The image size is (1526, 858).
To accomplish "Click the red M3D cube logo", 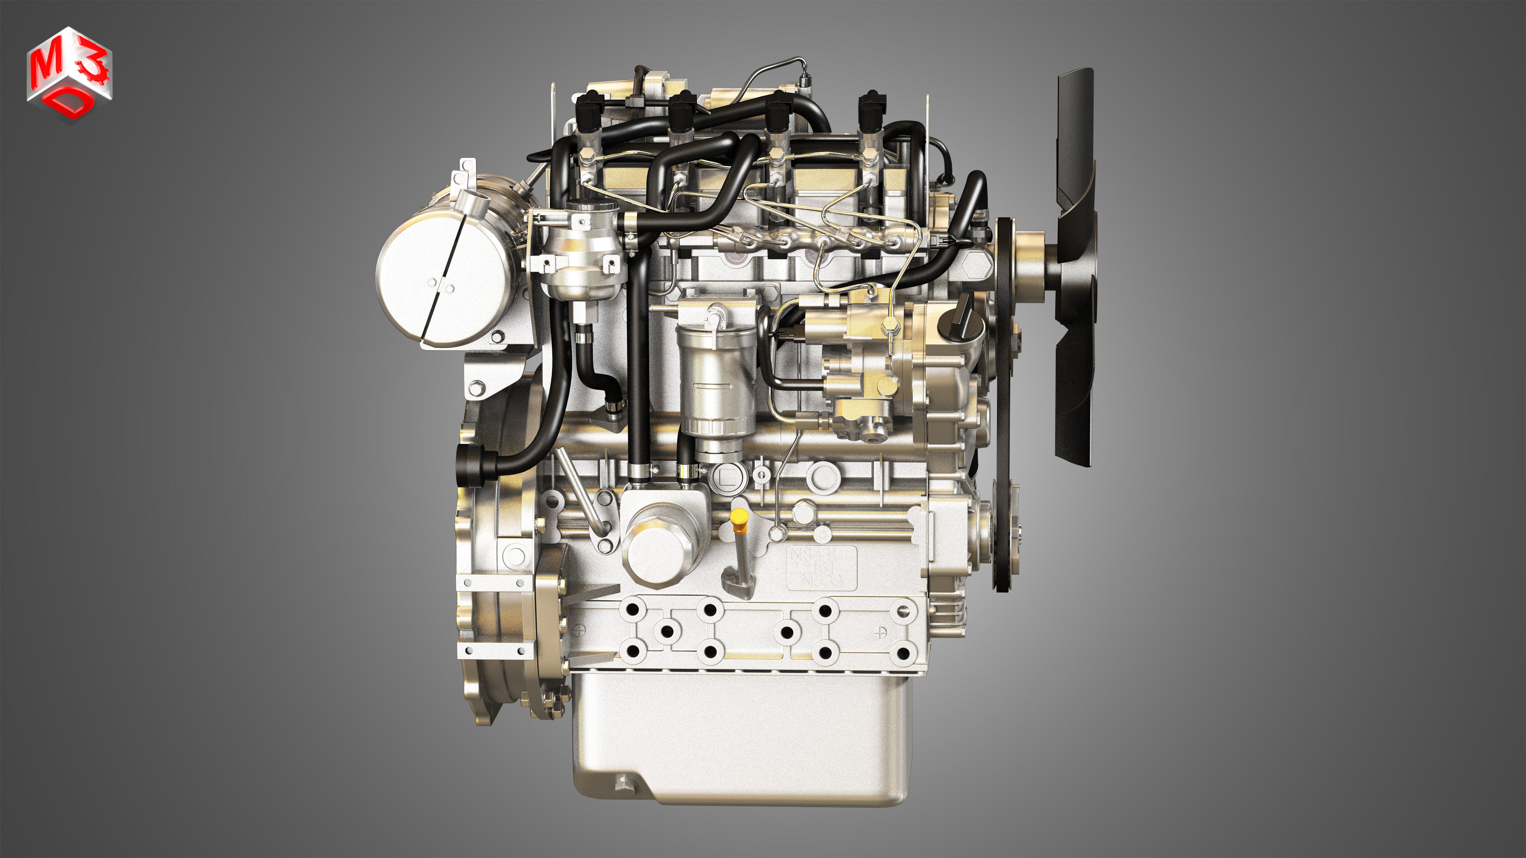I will [69, 74].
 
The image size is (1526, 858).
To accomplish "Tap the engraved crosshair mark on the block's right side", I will [881, 632].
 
